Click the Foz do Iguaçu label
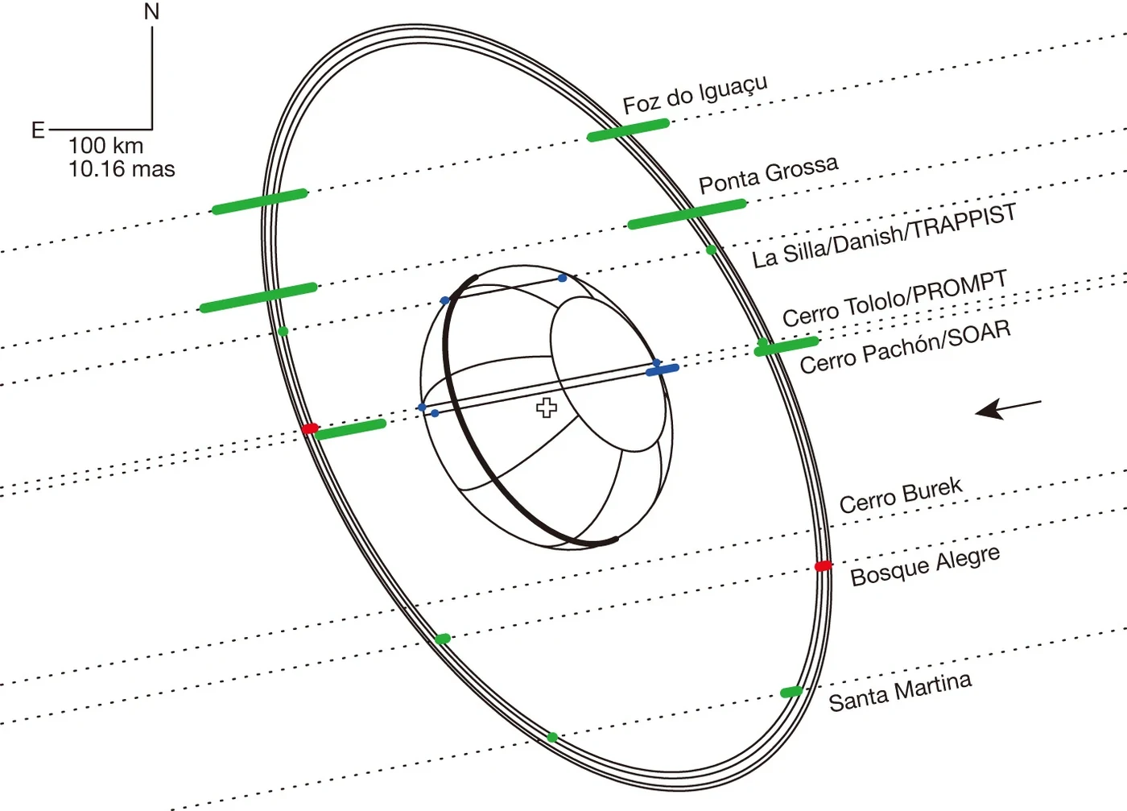695,95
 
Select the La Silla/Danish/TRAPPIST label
884,236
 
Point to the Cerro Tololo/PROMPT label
894,298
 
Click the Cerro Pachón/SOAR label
905,347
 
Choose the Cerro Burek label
901,495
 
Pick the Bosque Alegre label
925,566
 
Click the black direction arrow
1008,410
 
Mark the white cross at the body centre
547,408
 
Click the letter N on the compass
151,11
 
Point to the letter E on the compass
39,130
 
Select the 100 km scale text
106,146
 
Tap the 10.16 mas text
122,169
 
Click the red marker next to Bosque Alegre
823,566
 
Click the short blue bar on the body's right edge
663,370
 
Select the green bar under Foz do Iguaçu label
629,130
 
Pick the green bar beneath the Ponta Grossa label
687,214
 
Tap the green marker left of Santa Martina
791,692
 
